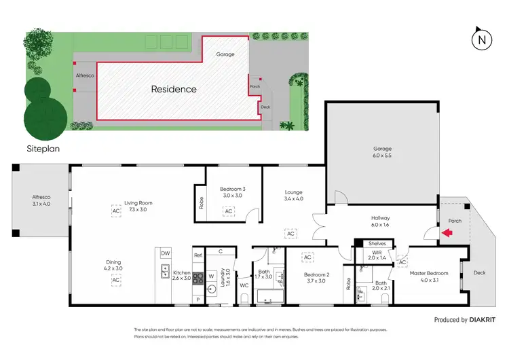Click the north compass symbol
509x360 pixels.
point(482,39)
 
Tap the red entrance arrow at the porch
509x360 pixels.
point(446,234)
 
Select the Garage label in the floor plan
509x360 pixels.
point(382,149)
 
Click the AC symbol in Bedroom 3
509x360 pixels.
point(229,212)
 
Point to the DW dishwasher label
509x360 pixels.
point(166,253)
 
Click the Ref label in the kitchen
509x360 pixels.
point(197,255)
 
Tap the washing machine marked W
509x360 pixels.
point(211,277)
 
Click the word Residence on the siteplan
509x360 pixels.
point(174,89)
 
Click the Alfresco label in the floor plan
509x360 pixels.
point(42,197)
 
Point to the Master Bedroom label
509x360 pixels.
point(424,273)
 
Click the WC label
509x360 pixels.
point(244,286)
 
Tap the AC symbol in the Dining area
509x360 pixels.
point(116,280)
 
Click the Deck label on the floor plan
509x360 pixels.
point(479,272)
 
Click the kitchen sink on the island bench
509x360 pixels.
point(166,272)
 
